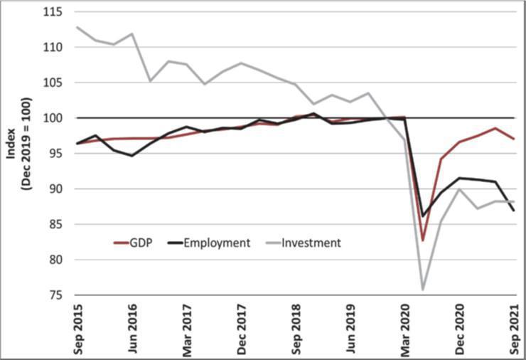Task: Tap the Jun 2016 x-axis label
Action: pos(131,328)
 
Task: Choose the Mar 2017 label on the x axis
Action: pos(187,328)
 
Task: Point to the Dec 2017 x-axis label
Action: pos(242,328)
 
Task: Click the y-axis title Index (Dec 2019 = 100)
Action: pos(19,154)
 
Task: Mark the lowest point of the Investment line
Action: pos(423,290)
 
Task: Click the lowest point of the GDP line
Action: pos(423,240)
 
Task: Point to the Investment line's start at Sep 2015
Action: pos(77,27)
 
